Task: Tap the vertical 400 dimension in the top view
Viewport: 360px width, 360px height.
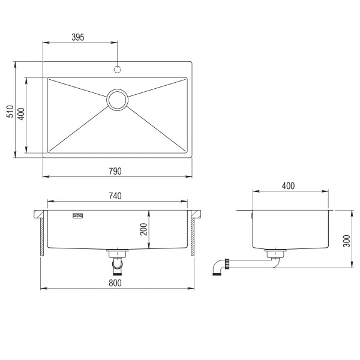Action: click(21, 114)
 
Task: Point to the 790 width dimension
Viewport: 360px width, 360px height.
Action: click(115, 172)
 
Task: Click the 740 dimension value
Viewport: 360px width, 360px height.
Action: click(115, 196)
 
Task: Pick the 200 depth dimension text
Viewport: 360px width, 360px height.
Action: click(143, 229)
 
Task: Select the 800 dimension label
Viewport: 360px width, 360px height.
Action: click(115, 283)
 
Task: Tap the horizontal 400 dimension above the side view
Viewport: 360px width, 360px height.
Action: click(288, 187)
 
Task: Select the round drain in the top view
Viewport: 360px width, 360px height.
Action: click(118, 99)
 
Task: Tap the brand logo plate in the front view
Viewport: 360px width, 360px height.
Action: click(78, 214)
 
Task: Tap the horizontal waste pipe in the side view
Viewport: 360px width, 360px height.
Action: click(246, 262)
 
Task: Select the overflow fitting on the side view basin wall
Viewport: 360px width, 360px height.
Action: click(253, 214)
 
